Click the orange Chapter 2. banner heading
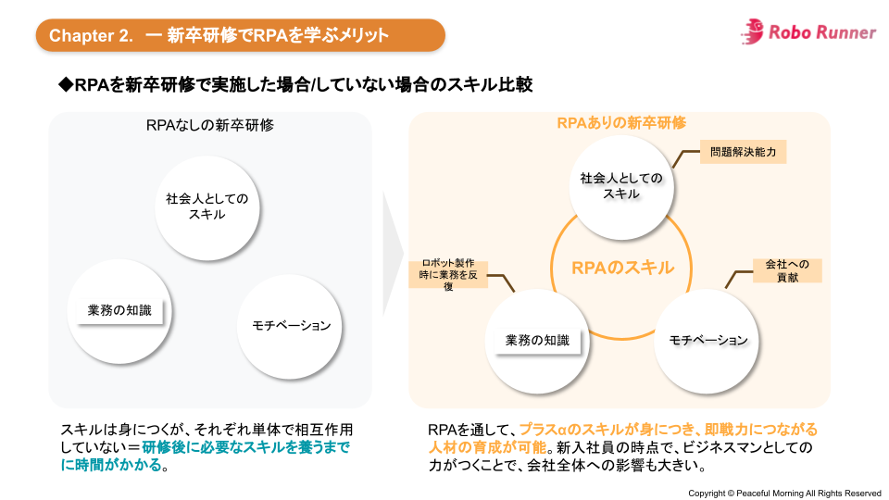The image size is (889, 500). (240, 35)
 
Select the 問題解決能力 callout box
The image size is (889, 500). (743, 151)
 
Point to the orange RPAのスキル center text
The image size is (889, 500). (622, 268)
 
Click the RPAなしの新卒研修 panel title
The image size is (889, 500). (209, 125)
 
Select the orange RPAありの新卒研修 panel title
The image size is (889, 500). (620, 123)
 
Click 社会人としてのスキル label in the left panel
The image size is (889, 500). (207, 206)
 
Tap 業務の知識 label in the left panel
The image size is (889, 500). (119, 311)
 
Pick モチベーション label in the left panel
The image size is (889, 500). (291, 325)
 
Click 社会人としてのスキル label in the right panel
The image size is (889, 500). (621, 185)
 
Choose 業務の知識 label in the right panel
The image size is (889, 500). (537, 340)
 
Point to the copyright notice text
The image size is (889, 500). (783, 493)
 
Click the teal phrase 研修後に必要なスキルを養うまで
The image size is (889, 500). (248, 447)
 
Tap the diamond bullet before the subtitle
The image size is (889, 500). (66, 84)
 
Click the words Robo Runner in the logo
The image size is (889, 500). (822, 32)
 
